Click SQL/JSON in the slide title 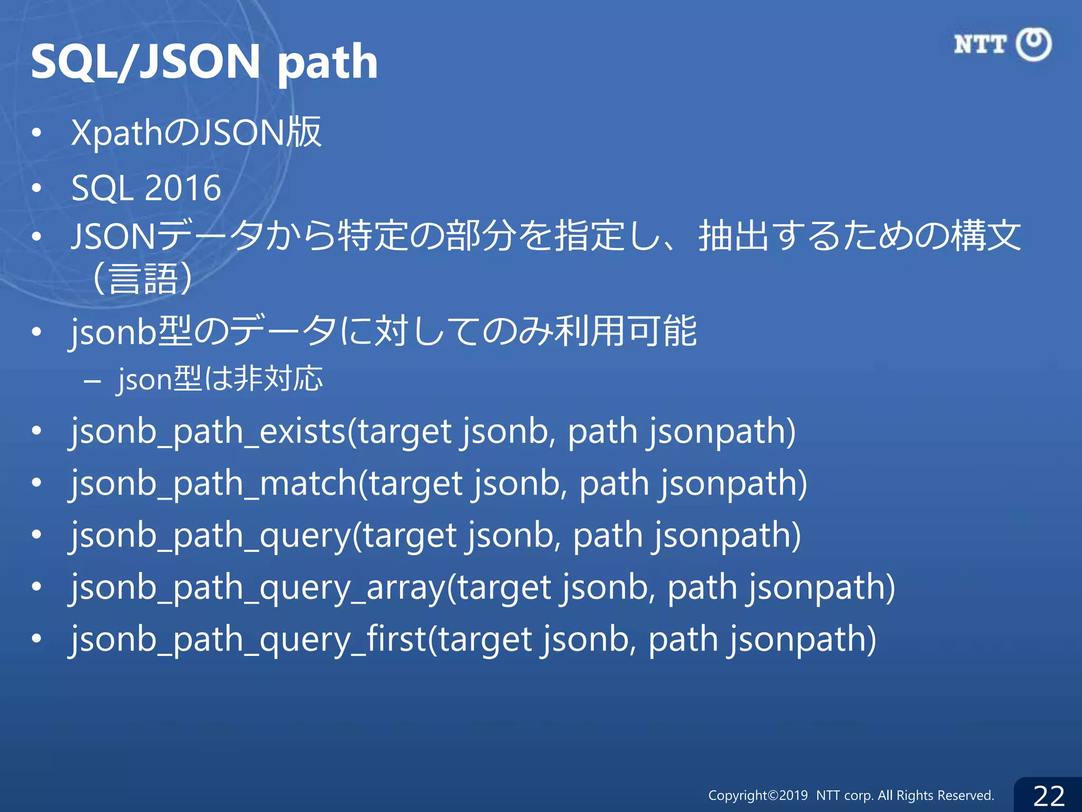145,62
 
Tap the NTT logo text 980,44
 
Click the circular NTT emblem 1034,44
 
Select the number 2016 182,188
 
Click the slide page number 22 1049,796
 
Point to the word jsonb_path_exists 208,432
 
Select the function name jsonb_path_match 214,484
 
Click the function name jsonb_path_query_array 258,588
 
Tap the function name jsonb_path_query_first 248,640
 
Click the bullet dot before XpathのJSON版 36,133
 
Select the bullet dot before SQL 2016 36,188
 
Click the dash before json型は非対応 92,380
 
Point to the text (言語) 142,279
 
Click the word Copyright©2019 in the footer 758,796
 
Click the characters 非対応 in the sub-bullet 278,379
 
